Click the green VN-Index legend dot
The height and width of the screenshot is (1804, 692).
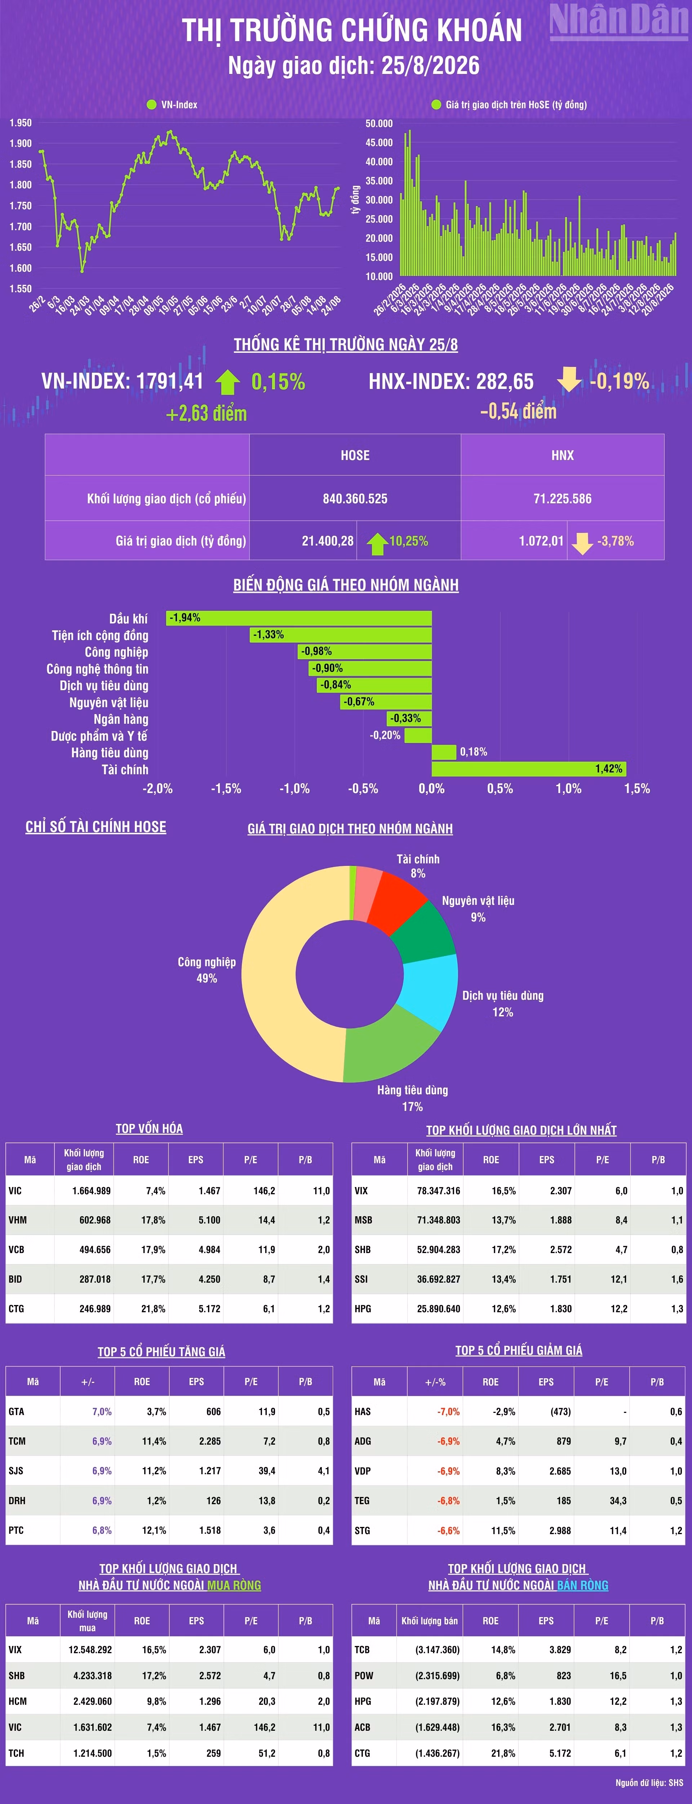pyautogui.click(x=151, y=104)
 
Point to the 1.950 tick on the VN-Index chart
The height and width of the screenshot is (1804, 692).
pyautogui.click(x=20, y=123)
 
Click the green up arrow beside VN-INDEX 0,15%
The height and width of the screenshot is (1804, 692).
pyautogui.click(x=227, y=382)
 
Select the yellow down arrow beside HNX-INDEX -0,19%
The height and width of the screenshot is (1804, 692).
pyautogui.click(x=569, y=380)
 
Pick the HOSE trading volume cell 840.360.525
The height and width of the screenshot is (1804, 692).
pyautogui.click(x=355, y=499)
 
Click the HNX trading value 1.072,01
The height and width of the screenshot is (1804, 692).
pyautogui.click(x=541, y=540)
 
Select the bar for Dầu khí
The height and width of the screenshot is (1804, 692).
pyautogui.click(x=299, y=618)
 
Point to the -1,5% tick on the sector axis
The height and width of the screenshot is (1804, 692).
pyautogui.click(x=226, y=789)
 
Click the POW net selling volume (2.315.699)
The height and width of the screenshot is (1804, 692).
pyautogui.click(x=437, y=1675)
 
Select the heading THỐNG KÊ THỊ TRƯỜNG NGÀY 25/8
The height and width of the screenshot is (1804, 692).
pyautogui.click(x=346, y=345)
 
